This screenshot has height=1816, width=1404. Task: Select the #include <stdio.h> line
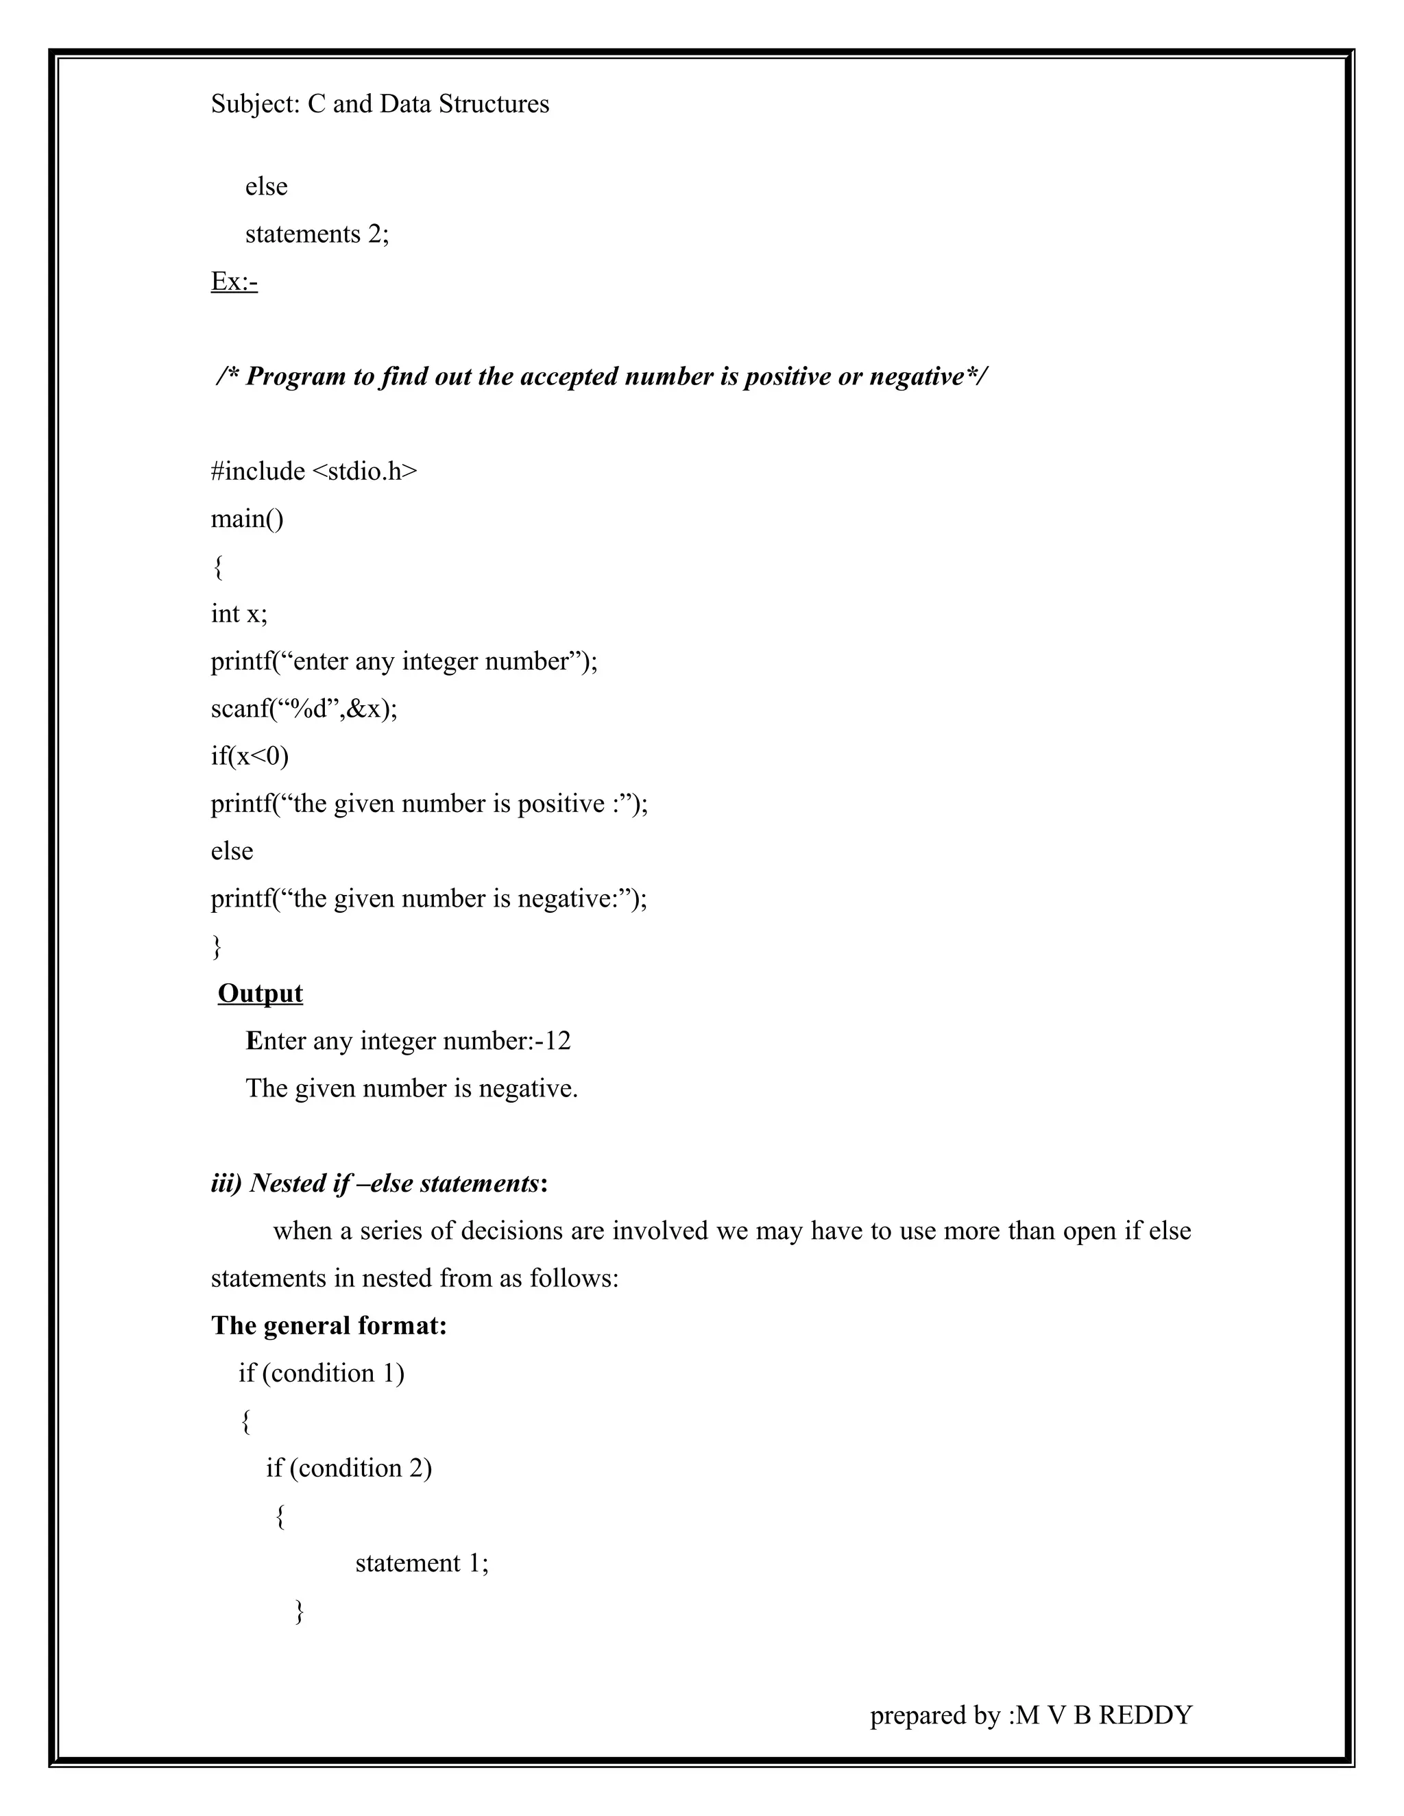(313, 471)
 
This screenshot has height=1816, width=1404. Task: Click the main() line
(247, 519)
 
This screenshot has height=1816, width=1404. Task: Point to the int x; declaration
(239, 613)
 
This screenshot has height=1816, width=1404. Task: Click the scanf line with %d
(304, 709)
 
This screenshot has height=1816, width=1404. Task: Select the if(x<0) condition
(250, 756)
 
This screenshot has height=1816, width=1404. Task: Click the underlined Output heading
(261, 994)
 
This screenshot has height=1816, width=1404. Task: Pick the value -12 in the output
(553, 1041)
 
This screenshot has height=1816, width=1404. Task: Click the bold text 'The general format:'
(328, 1325)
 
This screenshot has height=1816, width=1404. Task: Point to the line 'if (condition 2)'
(348, 1468)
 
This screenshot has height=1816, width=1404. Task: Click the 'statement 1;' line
(422, 1563)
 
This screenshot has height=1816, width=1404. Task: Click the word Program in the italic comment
(296, 377)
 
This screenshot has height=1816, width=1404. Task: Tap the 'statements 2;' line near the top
(317, 234)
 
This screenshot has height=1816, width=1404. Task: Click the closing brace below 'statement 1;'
(300, 1612)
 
